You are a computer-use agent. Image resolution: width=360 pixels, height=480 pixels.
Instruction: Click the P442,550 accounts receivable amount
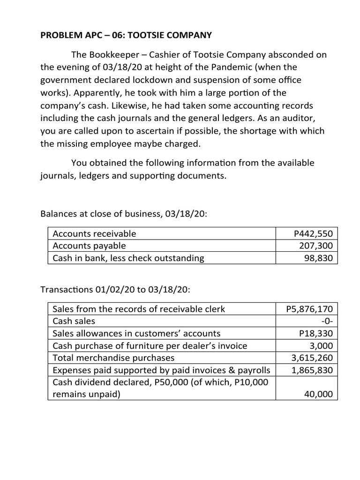pos(313,233)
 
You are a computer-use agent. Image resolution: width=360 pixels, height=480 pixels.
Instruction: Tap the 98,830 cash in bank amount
pos(319,258)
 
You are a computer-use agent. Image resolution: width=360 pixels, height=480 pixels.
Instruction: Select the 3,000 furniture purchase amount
pos(322,345)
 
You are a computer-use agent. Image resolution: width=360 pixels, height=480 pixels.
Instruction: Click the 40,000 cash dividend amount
pos(319,394)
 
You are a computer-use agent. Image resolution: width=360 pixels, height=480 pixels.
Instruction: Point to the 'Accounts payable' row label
pos(90,246)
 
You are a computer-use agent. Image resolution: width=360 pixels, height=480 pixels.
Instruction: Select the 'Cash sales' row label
pos(74,321)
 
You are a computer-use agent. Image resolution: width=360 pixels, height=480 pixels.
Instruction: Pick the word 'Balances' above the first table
pos(59,214)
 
